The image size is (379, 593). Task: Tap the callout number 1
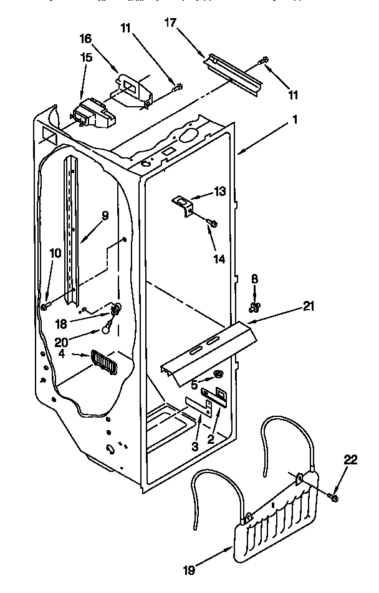pos(294,122)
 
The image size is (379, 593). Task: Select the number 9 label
pos(105,216)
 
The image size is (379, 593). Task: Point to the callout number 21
pos(309,306)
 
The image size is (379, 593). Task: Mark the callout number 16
pos(86,39)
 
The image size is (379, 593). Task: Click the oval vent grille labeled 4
pos(103,361)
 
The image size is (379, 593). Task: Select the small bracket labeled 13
pos(181,204)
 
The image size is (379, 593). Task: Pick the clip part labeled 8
pos(254,306)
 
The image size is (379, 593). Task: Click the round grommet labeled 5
pos(219,375)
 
